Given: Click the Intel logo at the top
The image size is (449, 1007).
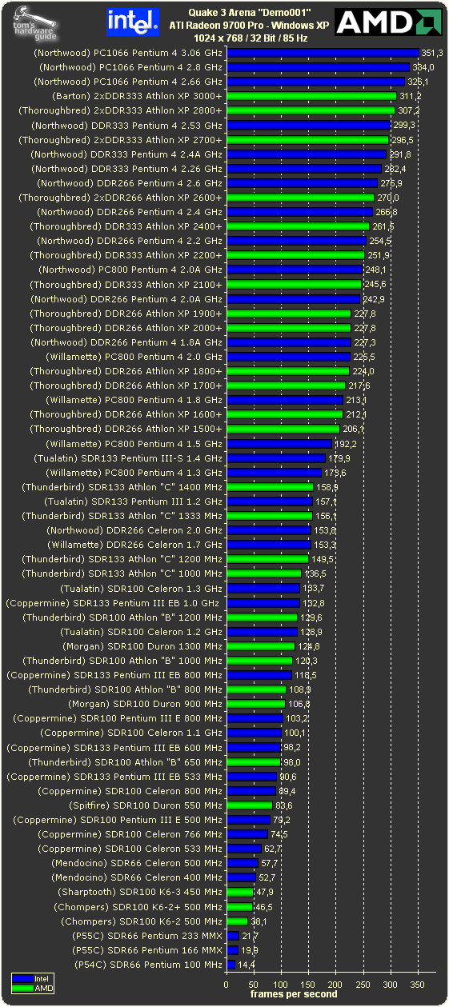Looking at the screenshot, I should pyautogui.click(x=132, y=22).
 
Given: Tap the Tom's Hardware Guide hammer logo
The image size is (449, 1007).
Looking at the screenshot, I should pyautogui.click(x=36, y=22).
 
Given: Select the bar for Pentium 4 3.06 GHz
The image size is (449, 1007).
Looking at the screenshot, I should pyautogui.click(x=323, y=53).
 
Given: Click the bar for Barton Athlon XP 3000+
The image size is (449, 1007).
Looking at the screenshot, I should pyautogui.click(x=312, y=96).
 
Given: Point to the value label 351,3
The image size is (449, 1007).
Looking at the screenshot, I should pyautogui.click(x=432, y=53).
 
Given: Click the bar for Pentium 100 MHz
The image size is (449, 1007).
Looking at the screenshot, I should pyautogui.click(x=231, y=965).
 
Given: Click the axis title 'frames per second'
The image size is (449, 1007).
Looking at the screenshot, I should pyautogui.click(x=293, y=994).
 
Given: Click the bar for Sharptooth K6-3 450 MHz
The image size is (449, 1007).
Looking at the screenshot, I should pyautogui.click(x=240, y=892).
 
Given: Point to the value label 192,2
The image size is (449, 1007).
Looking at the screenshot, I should pyautogui.click(x=345, y=443).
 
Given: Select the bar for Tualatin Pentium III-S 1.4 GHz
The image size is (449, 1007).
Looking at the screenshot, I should pyautogui.click(x=276, y=458).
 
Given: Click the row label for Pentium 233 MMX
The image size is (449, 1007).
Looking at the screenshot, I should pyautogui.click(x=166, y=936).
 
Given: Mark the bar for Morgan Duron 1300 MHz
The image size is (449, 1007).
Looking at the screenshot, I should pyautogui.click(x=261, y=646).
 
